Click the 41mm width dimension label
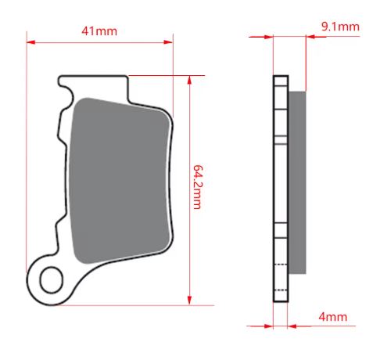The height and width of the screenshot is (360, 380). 99,31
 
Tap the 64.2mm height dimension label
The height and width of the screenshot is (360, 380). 198,187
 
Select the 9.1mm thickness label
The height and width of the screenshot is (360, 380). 340,27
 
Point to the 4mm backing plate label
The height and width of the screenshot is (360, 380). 333,317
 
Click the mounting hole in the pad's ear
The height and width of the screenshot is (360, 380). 52,280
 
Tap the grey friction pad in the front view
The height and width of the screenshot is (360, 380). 120,180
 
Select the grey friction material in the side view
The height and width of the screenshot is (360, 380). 297,182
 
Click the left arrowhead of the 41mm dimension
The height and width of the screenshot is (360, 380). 30,42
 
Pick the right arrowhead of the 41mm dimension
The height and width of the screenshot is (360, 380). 168,42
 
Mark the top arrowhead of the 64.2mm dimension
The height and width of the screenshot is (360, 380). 189,80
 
